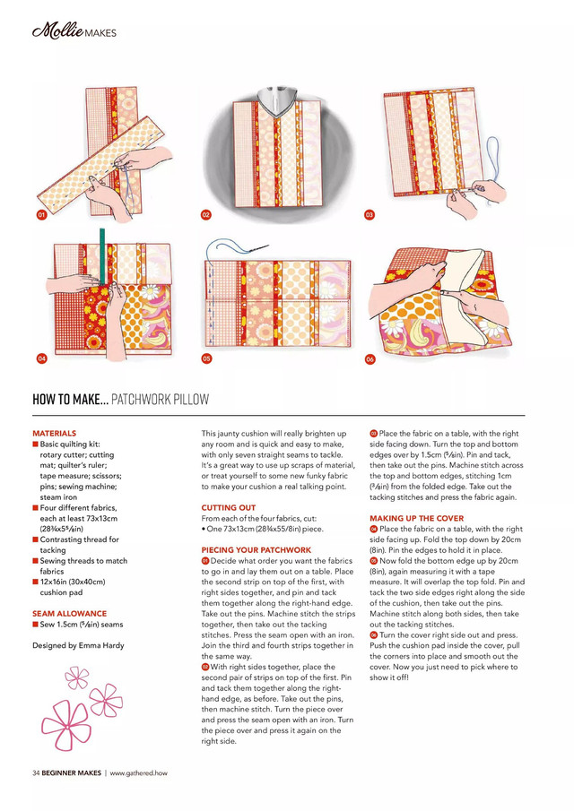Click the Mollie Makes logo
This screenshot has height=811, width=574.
pos(74,33)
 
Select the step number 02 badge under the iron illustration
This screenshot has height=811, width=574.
pos(205,216)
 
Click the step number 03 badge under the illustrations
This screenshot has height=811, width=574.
pos(370,216)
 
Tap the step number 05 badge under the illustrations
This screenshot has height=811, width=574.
pos(205,358)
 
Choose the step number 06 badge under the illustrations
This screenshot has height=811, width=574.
pos(370,358)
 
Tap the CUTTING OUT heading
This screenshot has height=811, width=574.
pos(229,508)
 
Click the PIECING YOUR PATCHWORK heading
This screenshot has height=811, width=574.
pos(257,549)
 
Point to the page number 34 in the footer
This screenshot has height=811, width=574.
pos(36,772)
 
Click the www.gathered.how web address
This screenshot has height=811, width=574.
pos(139,772)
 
